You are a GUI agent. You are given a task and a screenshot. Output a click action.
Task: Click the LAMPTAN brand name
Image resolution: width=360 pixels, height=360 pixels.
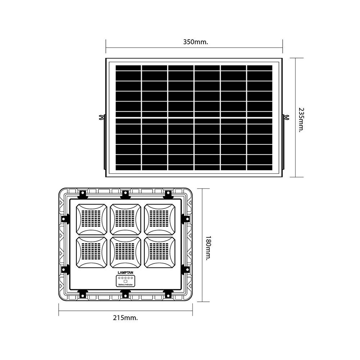[126, 273]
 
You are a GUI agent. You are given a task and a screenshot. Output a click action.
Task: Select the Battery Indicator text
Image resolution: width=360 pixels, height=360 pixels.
[126, 285]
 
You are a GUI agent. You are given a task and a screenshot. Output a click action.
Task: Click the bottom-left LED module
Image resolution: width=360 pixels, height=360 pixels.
[91, 252]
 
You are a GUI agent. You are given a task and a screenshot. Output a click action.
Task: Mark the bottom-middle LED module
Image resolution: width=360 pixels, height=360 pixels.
[125, 252]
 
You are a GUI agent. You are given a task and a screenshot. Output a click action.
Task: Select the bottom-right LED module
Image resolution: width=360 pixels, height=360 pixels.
[159, 252]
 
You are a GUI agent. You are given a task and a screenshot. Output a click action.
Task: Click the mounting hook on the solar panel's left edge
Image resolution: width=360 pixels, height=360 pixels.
[102, 118]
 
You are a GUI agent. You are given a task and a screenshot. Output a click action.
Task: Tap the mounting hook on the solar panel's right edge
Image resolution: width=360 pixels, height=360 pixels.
[287, 117]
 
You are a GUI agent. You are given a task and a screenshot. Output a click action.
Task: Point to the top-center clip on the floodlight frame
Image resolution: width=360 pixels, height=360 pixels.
[125, 194]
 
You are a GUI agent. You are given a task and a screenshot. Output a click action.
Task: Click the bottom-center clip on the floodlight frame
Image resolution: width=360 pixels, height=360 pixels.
[125, 294]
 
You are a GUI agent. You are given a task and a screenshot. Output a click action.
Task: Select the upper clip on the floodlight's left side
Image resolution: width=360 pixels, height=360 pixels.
[65, 218]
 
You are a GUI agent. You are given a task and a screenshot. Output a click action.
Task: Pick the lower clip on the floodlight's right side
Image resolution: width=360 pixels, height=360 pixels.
[186, 269]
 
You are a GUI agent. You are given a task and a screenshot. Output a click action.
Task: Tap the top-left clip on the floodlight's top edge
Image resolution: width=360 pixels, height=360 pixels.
[82, 194]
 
